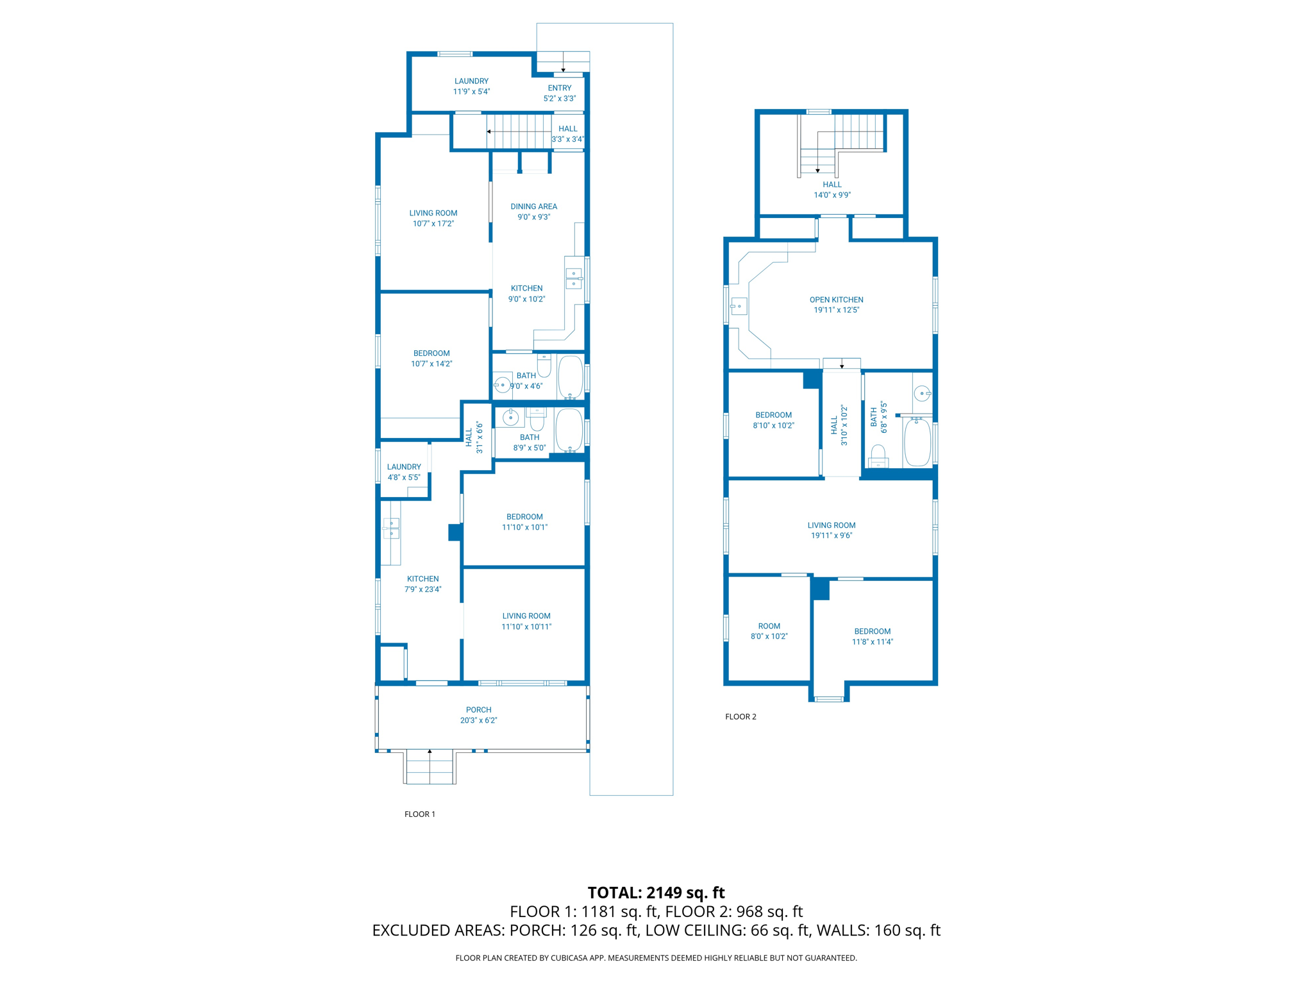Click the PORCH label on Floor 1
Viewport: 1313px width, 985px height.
click(478, 709)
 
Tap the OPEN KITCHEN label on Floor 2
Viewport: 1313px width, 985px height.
click(836, 299)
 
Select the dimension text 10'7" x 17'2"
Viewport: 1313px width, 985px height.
click(433, 224)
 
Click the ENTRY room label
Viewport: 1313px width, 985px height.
click(559, 88)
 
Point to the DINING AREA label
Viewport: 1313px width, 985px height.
click(533, 206)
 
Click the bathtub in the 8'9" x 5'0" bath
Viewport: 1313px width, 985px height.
click(569, 430)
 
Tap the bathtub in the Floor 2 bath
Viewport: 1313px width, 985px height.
click(917, 442)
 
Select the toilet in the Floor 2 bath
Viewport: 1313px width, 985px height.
click(878, 456)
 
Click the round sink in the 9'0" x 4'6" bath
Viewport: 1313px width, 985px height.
click(503, 385)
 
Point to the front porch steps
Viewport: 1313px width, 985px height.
click(430, 767)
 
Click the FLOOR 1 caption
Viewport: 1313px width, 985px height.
click(419, 814)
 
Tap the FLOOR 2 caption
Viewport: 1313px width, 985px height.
click(740, 716)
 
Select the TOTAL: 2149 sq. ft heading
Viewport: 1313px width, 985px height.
click(656, 892)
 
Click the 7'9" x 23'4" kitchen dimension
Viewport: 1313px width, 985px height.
click(422, 589)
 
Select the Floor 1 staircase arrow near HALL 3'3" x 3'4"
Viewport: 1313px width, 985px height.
click(489, 131)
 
